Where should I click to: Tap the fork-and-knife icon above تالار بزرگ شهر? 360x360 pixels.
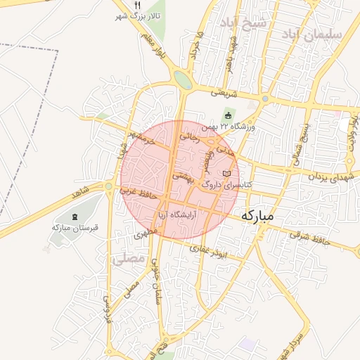click(137, 4)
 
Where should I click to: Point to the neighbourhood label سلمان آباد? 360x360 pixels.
click(312, 34)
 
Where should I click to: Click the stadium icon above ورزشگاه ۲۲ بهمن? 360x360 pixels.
click(227, 116)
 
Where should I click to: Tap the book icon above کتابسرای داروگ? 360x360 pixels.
click(226, 173)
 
